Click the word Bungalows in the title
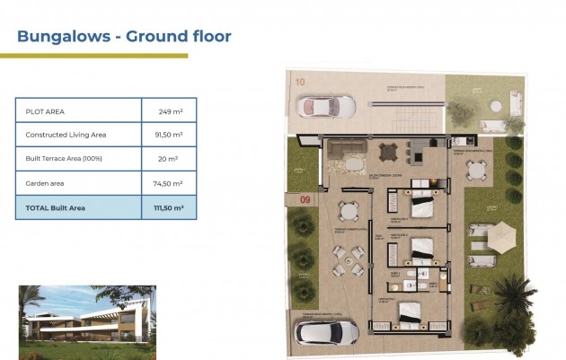66,37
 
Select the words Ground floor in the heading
179,37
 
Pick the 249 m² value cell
170,111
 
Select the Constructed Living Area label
66,135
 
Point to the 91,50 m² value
170,135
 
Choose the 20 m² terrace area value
170,159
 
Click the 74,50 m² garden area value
170,183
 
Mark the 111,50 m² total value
170,207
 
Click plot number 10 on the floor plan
299,82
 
